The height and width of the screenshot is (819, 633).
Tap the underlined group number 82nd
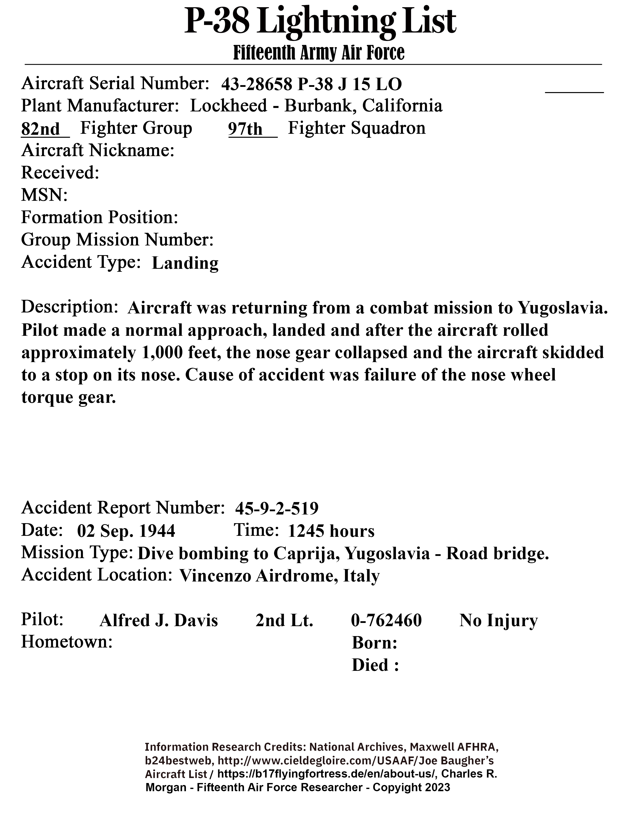click(40, 129)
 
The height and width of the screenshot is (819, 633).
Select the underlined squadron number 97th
click(246, 129)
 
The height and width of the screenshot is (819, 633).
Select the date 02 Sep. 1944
click(126, 531)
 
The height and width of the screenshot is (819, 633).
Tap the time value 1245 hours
click(331, 531)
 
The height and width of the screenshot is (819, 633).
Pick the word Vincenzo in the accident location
click(215, 576)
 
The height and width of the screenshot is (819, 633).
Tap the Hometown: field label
click(67, 642)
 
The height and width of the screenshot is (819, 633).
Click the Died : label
click(375, 665)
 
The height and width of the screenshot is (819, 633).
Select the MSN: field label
click(44, 195)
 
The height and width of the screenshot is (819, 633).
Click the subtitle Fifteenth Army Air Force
click(319, 53)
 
